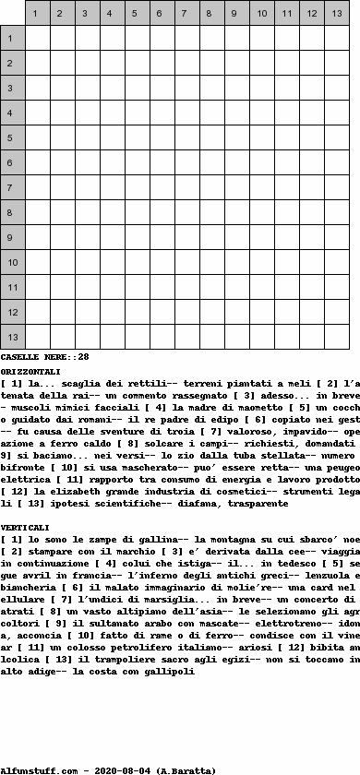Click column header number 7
click(186, 13)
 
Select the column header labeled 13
click(336, 13)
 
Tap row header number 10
click(12, 263)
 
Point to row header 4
click(12, 113)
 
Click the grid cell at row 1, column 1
click(37, 39)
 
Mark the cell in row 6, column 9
click(236, 163)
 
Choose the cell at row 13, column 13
click(336, 338)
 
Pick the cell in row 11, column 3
click(87, 288)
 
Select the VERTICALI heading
click(26, 552)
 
